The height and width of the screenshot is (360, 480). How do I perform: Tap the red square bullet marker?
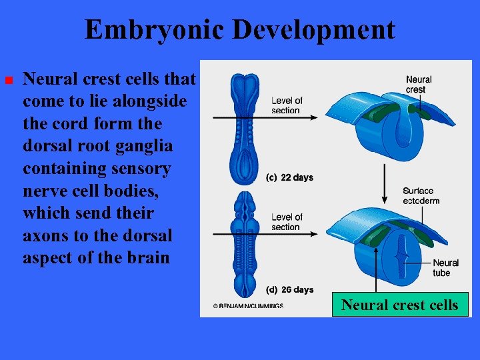tap(9, 80)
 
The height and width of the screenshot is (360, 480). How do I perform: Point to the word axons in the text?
tap(49, 235)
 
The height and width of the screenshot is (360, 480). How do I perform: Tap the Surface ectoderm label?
tap(421, 196)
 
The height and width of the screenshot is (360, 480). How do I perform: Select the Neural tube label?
tap(445, 268)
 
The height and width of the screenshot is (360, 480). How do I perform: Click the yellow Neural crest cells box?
tap(400, 305)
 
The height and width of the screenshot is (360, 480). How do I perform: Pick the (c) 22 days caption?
tap(289, 177)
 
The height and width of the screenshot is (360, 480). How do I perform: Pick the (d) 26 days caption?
tap(289, 289)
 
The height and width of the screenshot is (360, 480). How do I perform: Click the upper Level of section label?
tap(287, 105)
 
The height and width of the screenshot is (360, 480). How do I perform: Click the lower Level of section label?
tap(287, 222)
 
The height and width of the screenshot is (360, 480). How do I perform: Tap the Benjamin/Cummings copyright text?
tap(248, 306)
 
